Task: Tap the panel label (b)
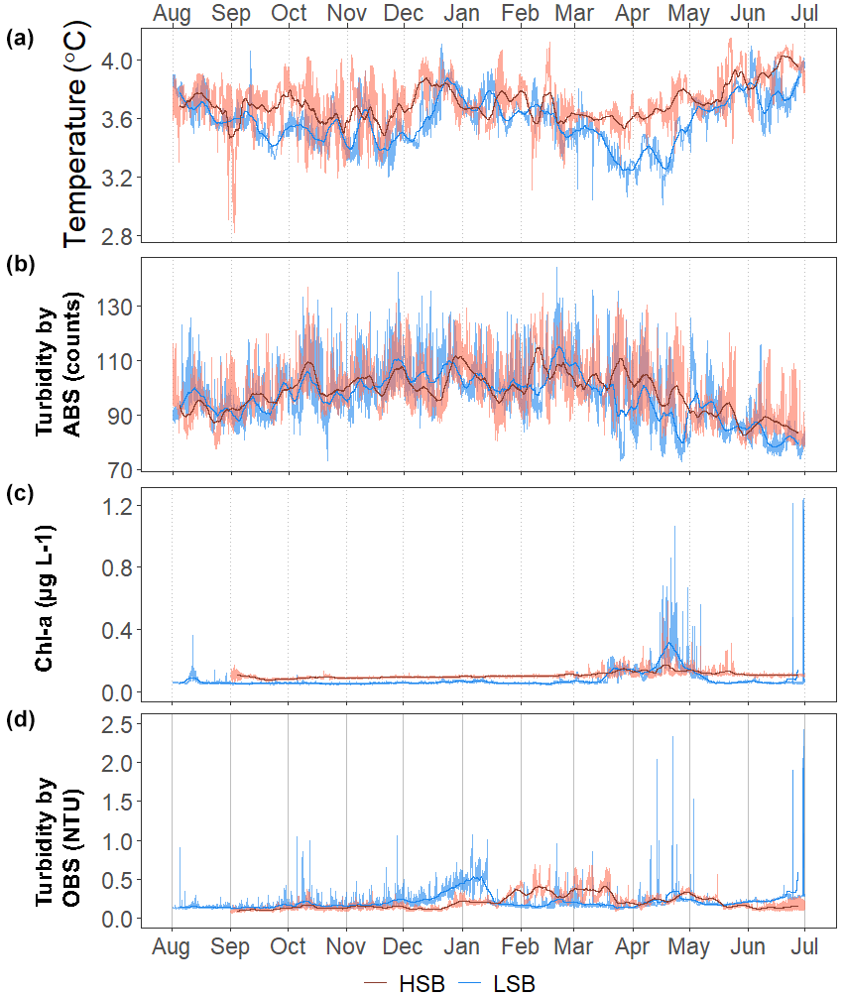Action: [20, 265]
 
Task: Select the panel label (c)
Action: [20, 493]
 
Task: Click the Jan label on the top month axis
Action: [463, 15]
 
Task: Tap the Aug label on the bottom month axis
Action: [173, 948]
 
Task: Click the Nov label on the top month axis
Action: [346, 15]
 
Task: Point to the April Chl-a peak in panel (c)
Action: [674, 527]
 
